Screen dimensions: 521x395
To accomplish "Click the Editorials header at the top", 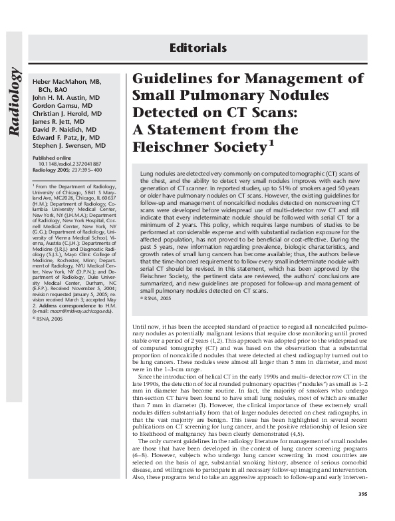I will (x=198, y=48).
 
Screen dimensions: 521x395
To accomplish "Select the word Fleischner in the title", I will (x=170, y=144).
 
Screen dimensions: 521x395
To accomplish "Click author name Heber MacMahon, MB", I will (x=66, y=81).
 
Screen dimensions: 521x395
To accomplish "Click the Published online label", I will (x=53, y=157).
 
